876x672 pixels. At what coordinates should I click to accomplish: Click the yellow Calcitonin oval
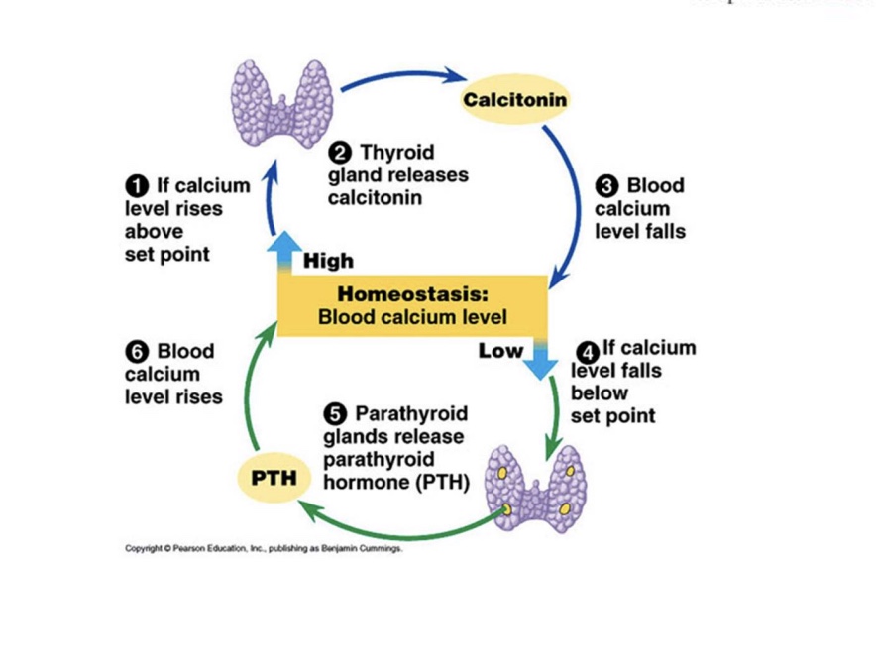tap(515, 99)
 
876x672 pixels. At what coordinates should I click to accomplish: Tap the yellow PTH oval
tap(274, 477)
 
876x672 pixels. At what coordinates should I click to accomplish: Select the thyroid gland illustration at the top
tap(279, 102)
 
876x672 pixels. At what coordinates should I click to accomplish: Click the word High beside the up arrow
tap(328, 261)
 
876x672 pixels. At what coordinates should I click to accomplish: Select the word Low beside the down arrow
tap(500, 350)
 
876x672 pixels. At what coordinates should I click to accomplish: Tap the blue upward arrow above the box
tap(287, 252)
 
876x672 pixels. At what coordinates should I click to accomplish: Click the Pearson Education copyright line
tap(264, 548)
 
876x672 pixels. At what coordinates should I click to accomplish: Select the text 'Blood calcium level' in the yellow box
tap(411, 317)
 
